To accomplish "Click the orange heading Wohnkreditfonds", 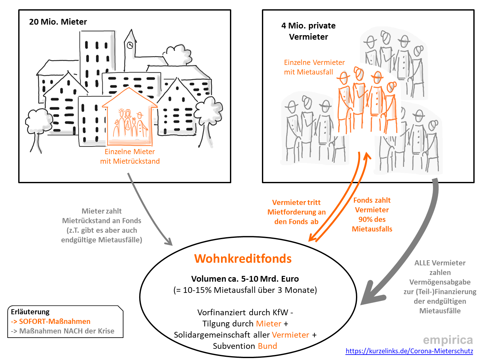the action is [x=243, y=259].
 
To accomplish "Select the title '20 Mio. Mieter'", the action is [x=58, y=22].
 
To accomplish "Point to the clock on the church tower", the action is [x=130, y=45].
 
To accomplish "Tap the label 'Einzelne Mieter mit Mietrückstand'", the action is [x=130, y=156].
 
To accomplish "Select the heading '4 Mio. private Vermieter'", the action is [x=308, y=31].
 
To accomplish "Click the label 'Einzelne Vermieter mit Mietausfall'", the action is [x=314, y=67].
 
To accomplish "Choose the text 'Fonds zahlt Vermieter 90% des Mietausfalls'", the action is [x=372, y=215].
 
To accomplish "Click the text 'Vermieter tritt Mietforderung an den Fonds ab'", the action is [x=296, y=212].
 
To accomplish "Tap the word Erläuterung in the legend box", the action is [x=30, y=312].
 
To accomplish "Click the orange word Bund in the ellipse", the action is [x=267, y=346].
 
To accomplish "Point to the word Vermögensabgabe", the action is [x=440, y=282].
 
